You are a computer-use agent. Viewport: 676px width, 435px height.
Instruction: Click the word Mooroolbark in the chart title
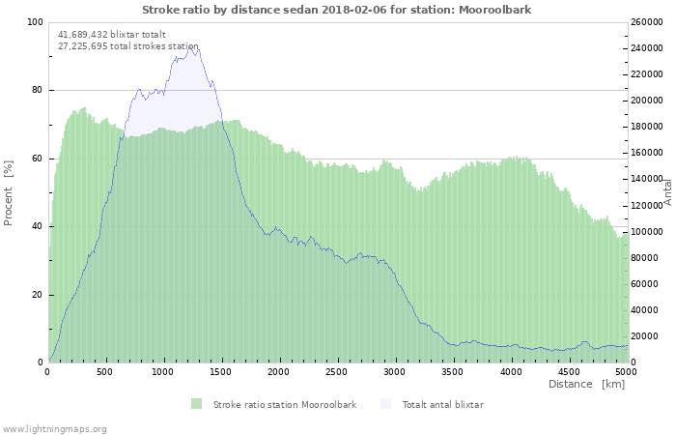[494, 10]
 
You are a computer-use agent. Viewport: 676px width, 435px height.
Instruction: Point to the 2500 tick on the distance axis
[336, 372]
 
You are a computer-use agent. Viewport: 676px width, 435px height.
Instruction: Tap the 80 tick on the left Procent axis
[37, 90]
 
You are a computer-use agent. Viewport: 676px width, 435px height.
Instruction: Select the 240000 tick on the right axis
[647, 48]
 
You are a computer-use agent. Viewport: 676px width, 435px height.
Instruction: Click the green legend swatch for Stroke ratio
[197, 404]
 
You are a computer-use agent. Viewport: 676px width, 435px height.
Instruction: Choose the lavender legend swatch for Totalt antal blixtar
[386, 404]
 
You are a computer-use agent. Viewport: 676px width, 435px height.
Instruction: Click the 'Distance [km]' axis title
[586, 384]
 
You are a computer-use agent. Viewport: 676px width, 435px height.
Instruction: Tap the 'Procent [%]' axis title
[8, 193]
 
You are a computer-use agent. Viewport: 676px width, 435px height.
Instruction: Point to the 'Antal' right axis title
[667, 192]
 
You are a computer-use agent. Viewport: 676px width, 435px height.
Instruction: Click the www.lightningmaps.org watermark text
[54, 429]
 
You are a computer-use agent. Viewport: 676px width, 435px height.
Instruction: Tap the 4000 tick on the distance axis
[511, 372]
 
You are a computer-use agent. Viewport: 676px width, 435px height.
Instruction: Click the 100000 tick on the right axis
[647, 232]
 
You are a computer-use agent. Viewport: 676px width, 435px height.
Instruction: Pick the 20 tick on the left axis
[37, 295]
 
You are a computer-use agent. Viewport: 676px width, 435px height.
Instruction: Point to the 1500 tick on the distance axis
[220, 372]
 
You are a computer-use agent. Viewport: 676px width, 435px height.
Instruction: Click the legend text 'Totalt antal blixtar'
[443, 405]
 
